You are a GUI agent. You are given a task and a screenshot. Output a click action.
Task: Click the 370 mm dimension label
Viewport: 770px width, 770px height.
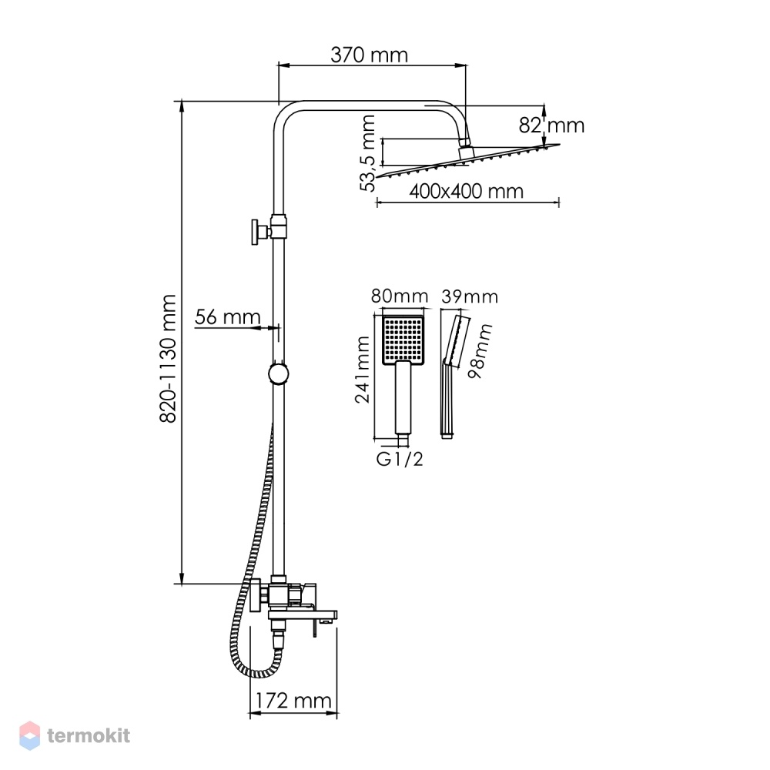(x=370, y=55)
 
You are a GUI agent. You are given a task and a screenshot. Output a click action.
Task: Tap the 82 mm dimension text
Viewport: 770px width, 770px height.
(x=551, y=126)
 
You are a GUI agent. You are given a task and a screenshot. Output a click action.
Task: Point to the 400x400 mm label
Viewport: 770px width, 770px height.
(x=466, y=191)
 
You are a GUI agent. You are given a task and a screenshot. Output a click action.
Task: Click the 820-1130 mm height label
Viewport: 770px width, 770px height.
(x=168, y=359)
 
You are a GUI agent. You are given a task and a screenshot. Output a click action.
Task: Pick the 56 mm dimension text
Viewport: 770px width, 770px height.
(x=227, y=317)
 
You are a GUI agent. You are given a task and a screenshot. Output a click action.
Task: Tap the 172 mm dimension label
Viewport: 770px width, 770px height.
(x=293, y=700)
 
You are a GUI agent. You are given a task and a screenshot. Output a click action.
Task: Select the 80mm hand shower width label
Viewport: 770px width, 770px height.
(x=399, y=296)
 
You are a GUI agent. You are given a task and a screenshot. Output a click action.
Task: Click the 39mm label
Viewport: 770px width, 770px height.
(x=470, y=296)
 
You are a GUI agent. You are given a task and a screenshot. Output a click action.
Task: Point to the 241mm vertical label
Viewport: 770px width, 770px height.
(x=363, y=370)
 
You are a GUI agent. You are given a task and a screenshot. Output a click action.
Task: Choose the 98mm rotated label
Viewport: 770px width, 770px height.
(x=480, y=350)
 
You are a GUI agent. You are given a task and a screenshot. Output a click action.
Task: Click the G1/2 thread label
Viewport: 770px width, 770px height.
(x=399, y=459)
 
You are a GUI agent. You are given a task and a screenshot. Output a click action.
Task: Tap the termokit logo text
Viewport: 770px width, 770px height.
(x=89, y=735)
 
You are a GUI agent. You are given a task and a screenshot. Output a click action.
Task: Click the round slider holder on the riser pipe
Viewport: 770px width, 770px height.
(x=279, y=373)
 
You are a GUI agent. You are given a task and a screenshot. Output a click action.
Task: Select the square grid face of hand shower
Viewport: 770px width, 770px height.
(x=403, y=338)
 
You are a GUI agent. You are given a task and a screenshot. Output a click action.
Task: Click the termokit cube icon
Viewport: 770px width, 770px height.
(x=29, y=735)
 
